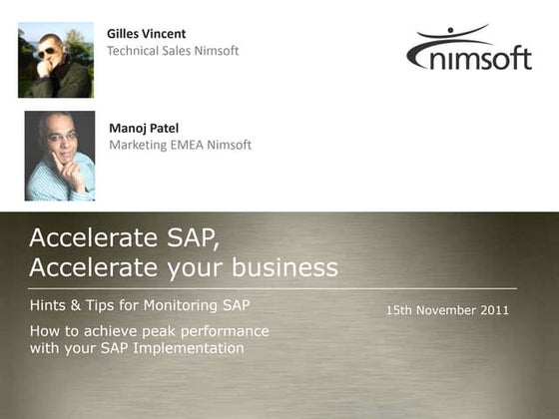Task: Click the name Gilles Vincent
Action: (x=146, y=34)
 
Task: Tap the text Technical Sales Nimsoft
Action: (x=173, y=51)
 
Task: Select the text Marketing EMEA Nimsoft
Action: (x=180, y=145)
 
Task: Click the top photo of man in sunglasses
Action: (x=55, y=60)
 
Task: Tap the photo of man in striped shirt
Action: (x=59, y=156)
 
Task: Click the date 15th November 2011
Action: (x=447, y=310)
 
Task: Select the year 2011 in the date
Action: (x=492, y=310)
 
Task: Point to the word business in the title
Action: (x=285, y=267)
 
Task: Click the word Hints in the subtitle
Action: (x=49, y=304)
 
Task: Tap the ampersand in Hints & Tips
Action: (x=79, y=304)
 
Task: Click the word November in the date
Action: (x=444, y=310)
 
